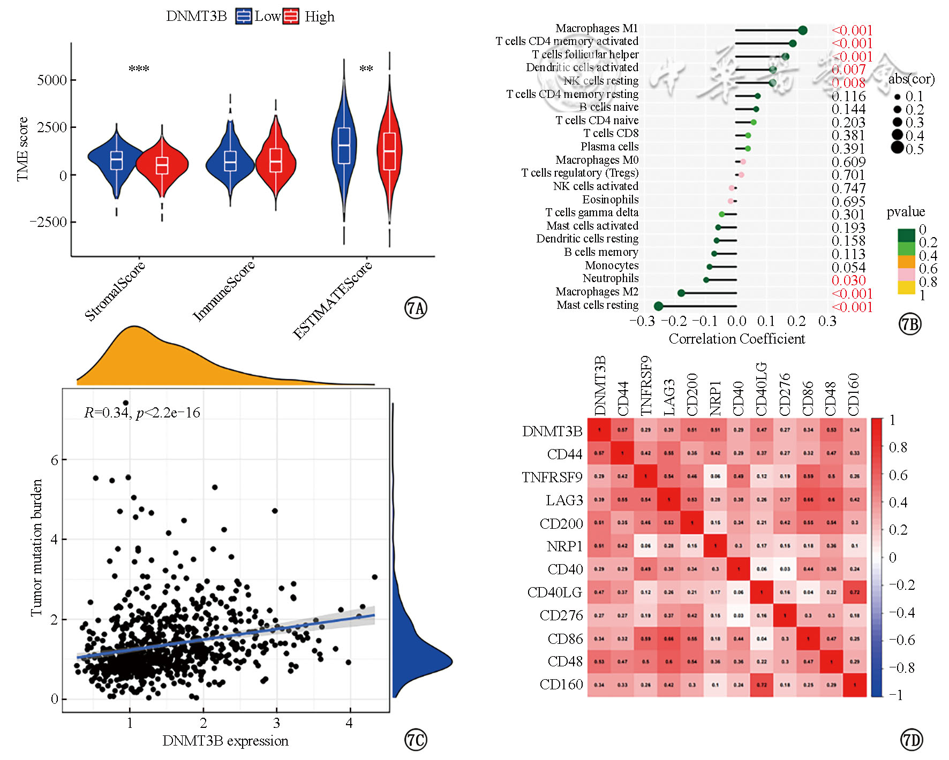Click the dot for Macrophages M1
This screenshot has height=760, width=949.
802,31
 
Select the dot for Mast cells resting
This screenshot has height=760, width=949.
658,306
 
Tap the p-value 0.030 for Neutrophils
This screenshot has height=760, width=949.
848,280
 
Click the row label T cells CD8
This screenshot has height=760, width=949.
611,133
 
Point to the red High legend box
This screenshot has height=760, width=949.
291,17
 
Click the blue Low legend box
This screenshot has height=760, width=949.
244,17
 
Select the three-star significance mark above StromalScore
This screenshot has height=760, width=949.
139,69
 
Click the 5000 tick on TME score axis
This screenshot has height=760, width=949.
52,80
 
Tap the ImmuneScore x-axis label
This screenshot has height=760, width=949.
223,291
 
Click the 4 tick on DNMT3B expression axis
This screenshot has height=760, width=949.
349,723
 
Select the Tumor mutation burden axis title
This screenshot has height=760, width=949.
36,548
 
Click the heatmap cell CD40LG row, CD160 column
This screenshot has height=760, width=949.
854,592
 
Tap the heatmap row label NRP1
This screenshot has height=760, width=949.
564,546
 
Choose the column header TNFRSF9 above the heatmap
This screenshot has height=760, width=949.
646,385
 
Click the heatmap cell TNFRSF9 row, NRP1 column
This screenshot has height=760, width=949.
715,476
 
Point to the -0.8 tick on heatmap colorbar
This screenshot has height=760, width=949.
902,667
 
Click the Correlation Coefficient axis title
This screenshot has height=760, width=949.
736,339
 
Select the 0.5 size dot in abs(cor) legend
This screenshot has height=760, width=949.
897,148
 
